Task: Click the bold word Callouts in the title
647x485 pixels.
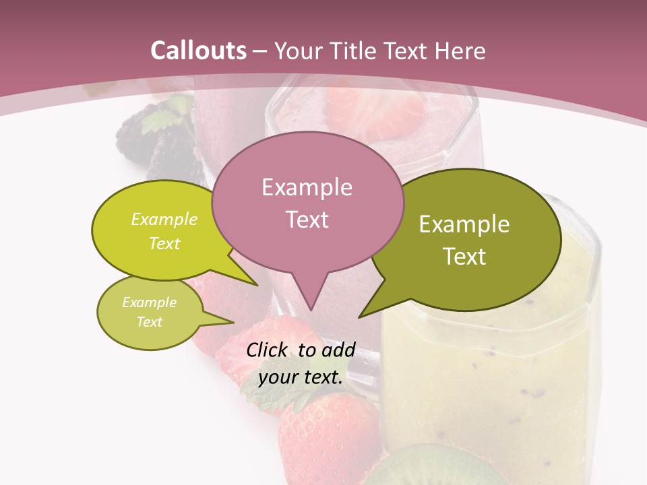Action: [198, 51]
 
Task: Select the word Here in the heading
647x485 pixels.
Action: [460, 51]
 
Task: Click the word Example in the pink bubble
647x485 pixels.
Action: [307, 187]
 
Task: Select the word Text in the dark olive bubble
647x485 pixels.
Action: [465, 257]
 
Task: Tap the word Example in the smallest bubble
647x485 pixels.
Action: [149, 302]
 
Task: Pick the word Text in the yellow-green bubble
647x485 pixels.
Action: [164, 243]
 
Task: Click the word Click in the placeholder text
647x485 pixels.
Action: [267, 350]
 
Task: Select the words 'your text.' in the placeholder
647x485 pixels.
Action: [301, 377]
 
